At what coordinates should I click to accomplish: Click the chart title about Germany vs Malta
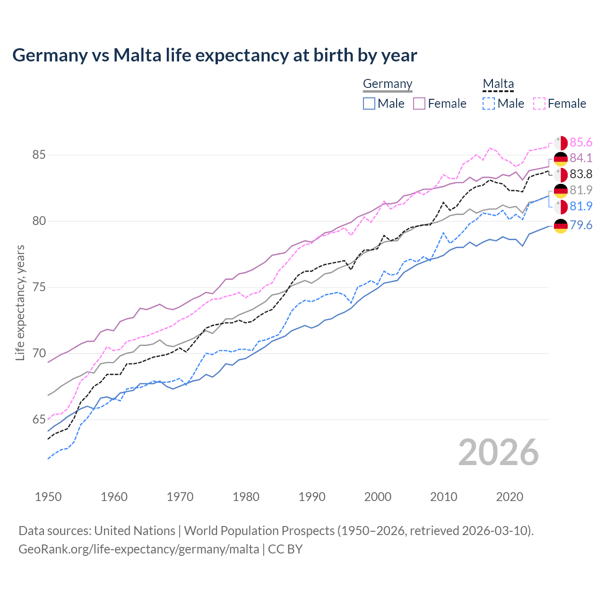click(x=215, y=55)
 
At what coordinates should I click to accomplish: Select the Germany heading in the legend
click(x=388, y=84)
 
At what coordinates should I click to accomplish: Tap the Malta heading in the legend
click(x=498, y=84)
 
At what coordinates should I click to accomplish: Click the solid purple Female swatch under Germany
click(x=419, y=104)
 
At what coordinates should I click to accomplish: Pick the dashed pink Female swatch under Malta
click(x=539, y=104)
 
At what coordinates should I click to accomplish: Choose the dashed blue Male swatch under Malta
click(x=489, y=104)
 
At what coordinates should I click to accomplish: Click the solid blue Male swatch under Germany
click(x=369, y=104)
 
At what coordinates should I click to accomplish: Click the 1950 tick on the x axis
click(x=48, y=497)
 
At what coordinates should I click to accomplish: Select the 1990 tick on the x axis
click(x=312, y=497)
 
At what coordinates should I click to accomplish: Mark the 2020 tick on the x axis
click(x=510, y=497)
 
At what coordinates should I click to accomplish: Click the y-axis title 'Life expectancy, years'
click(x=20, y=302)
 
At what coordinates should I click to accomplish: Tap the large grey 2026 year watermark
click(x=499, y=452)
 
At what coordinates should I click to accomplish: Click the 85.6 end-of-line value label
click(x=581, y=143)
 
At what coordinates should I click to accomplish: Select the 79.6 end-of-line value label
click(x=581, y=225)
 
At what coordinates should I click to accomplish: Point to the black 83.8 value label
click(x=581, y=174)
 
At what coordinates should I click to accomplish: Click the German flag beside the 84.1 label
click(x=561, y=158)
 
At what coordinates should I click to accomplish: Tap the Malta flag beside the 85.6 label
click(x=561, y=143)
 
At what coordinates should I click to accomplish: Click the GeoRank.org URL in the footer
click(x=138, y=549)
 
